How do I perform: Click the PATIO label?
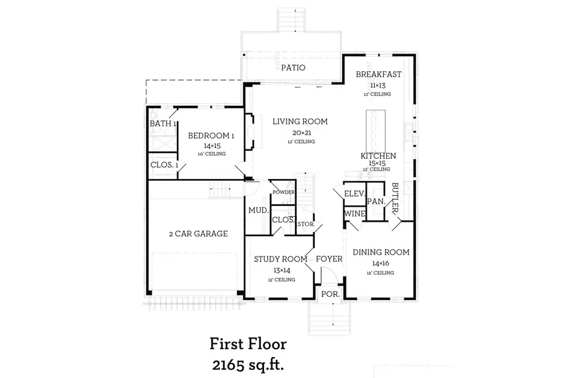pos(293,67)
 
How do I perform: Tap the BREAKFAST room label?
pos(378,74)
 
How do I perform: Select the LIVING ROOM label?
pos(300,122)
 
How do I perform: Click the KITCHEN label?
pos(378,156)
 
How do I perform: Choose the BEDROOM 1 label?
pos(212,135)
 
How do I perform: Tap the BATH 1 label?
pos(163,123)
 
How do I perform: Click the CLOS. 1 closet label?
pos(164,165)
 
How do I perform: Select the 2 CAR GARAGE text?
pos(198,234)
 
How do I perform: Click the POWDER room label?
pos(283,192)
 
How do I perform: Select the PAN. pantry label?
pos(376,202)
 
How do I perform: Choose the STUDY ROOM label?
pos(280,259)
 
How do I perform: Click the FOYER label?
pos(329,259)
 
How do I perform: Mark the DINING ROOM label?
pos(381,253)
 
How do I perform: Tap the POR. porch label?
pos(330,294)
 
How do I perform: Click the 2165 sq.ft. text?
pos(248,364)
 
